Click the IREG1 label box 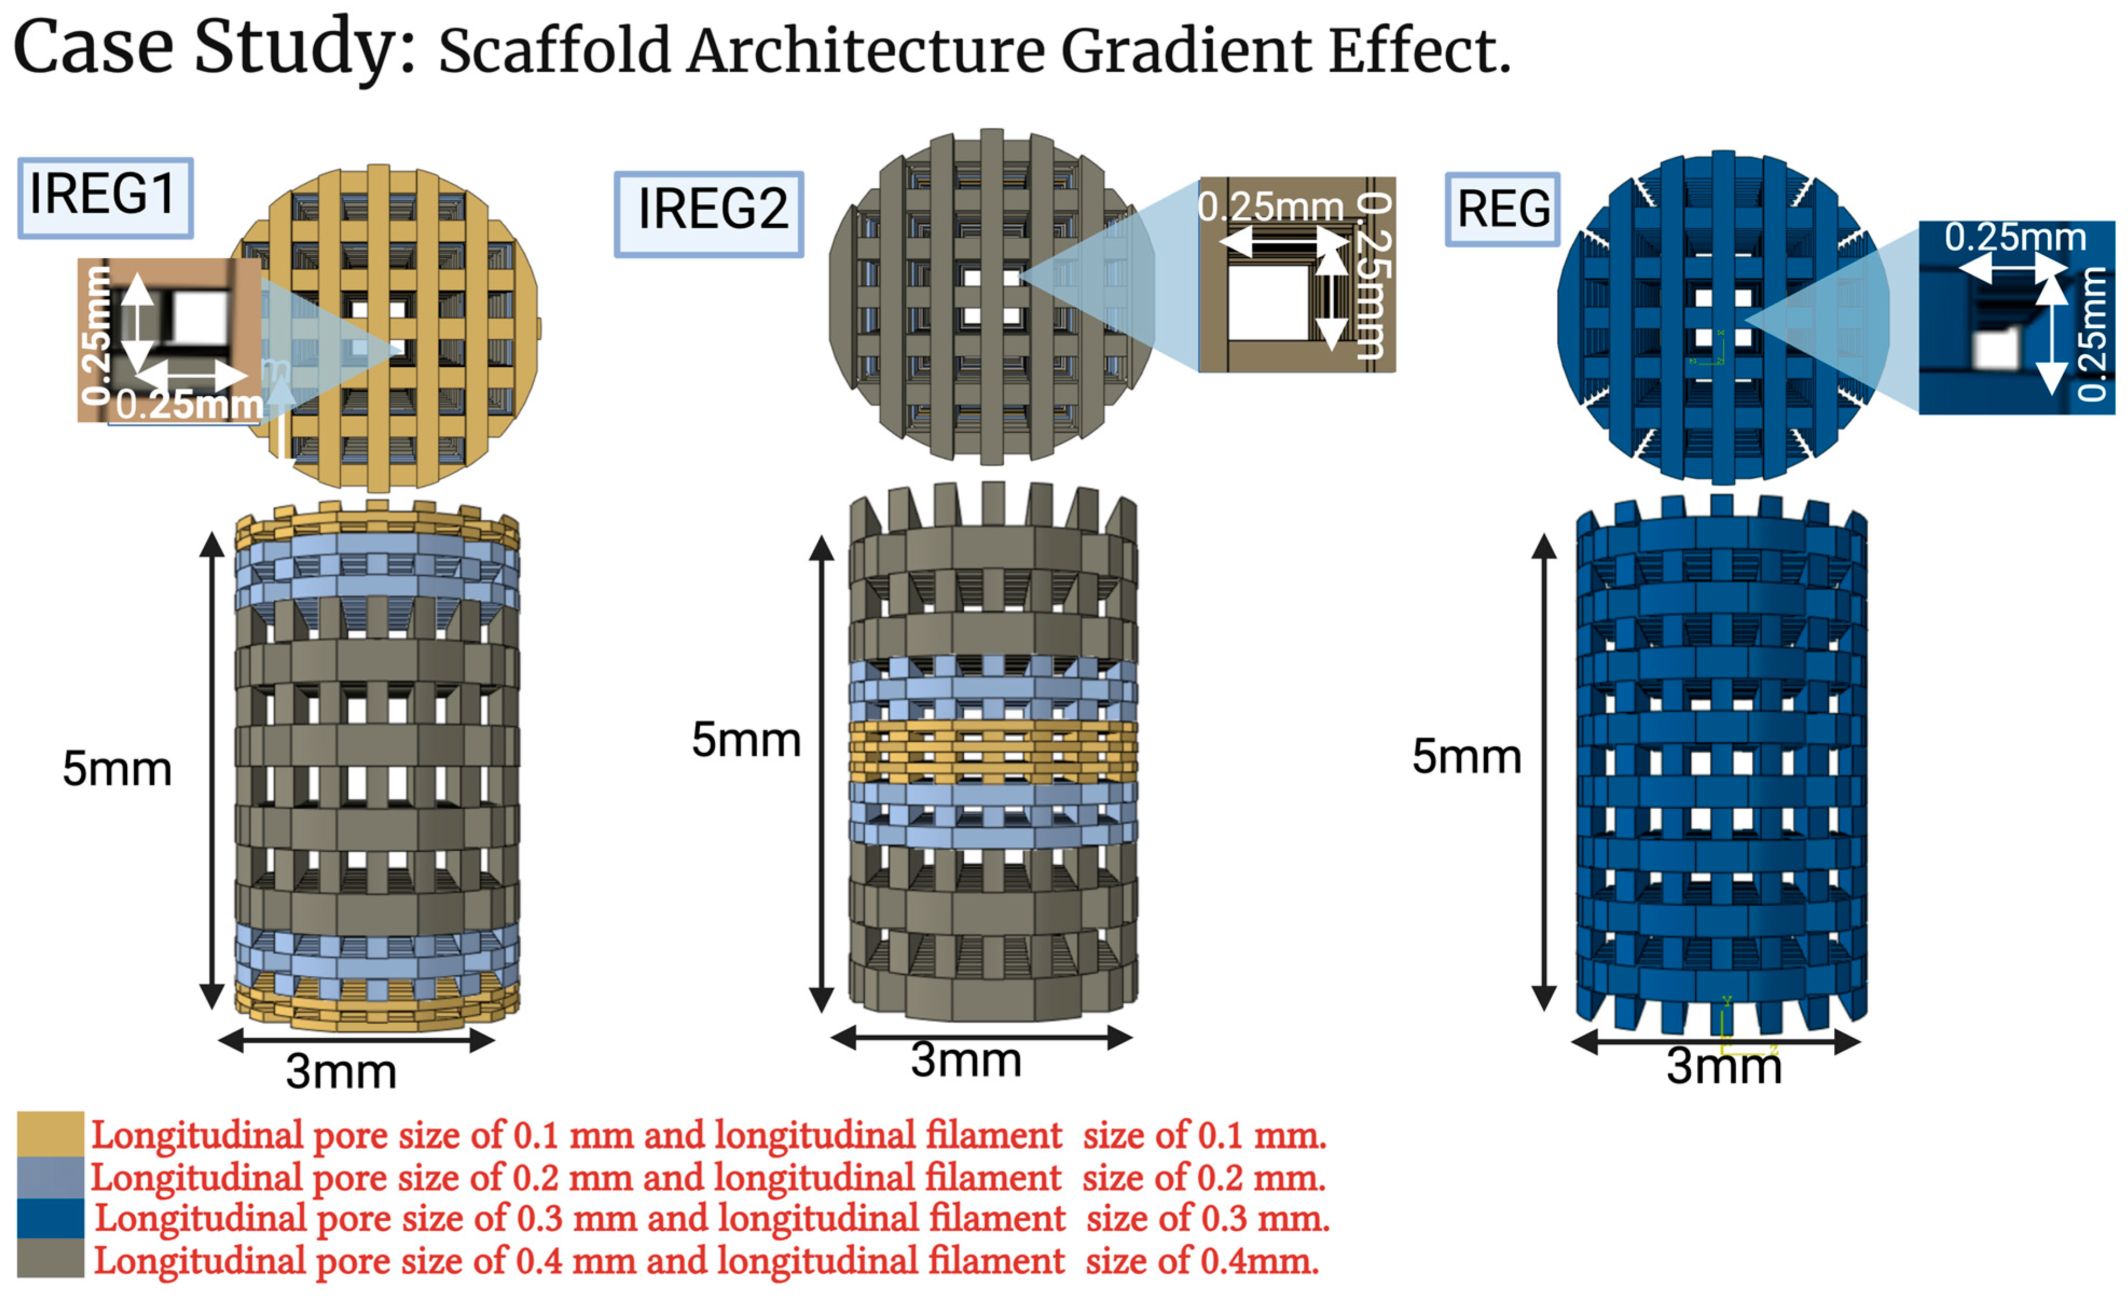[x=105, y=196]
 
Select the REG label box [x=1503, y=210]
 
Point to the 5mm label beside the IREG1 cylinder [x=116, y=768]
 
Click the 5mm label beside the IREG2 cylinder [x=746, y=740]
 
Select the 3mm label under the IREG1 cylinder [x=341, y=1072]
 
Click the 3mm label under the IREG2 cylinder [x=965, y=1060]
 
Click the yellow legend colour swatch [x=50, y=1134]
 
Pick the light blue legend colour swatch [x=50, y=1177]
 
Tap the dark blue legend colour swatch [x=50, y=1218]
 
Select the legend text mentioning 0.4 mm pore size [x=707, y=1261]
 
